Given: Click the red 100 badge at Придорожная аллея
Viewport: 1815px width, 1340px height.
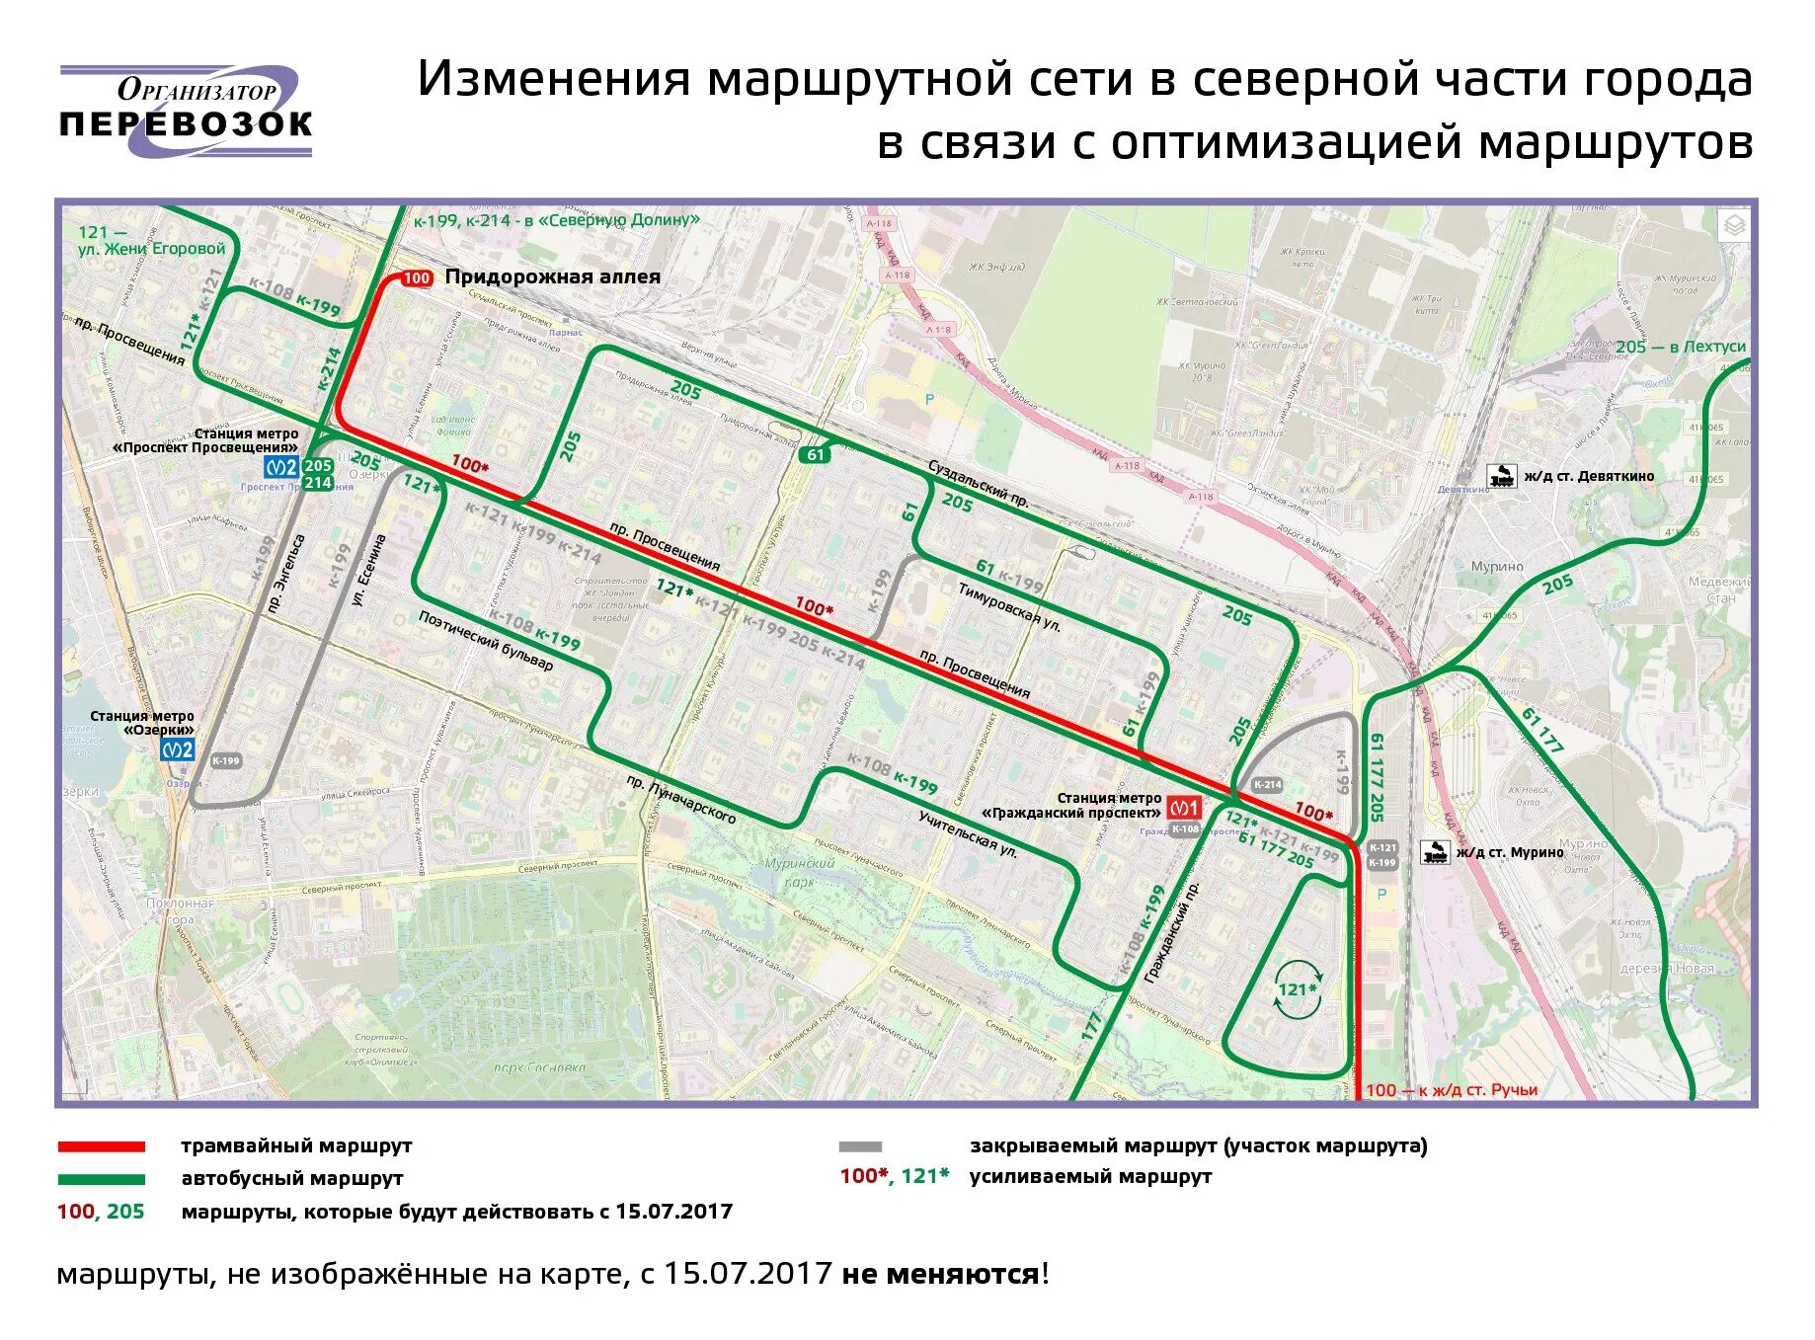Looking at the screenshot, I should [x=417, y=278].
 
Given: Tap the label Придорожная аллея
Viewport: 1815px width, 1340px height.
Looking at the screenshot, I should [x=552, y=277].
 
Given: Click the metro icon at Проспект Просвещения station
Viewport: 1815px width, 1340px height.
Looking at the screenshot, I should [x=281, y=467].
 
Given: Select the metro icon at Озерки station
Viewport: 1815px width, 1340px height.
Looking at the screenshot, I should [x=178, y=749].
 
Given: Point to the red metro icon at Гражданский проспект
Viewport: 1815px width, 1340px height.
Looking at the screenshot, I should [x=1184, y=808].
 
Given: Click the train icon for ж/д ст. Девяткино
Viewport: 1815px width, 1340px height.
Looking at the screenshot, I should [x=1502, y=476].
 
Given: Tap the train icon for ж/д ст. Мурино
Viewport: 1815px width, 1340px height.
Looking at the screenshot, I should [x=1434, y=851].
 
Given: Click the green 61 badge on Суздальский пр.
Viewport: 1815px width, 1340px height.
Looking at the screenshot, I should [x=815, y=454].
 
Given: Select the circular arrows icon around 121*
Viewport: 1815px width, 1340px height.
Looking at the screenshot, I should [x=1297, y=988].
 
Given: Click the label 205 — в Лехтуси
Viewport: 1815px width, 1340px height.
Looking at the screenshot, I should [x=1681, y=347].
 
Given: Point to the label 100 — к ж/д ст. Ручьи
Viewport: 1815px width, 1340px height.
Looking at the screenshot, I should [x=1452, y=1090].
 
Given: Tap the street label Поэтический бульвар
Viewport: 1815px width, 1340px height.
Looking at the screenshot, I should [x=485, y=641].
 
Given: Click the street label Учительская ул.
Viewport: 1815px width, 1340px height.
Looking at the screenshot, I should [x=968, y=834].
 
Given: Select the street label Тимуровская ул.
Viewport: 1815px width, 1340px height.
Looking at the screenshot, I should [x=1009, y=606].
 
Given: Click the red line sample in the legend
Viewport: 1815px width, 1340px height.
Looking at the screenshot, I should [x=101, y=1146].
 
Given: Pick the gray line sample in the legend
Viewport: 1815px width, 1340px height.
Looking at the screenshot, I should [x=860, y=1146].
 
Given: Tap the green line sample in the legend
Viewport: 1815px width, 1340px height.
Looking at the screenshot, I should [x=101, y=1179].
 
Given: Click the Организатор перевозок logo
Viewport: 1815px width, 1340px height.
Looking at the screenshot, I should [x=186, y=111].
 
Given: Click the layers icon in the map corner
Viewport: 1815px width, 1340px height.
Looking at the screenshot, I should [x=1734, y=226].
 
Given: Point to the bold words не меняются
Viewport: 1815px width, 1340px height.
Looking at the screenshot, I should [x=939, y=1274].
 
